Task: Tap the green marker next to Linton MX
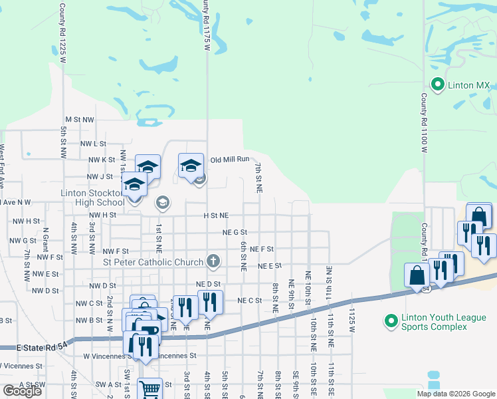coord(437,84)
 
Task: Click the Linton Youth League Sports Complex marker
coord(391,321)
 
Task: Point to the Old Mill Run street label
coord(229,160)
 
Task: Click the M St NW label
coord(80,119)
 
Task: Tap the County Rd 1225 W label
coord(62,33)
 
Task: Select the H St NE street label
coord(216,215)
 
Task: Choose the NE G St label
coord(235,232)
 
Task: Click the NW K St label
coord(102,160)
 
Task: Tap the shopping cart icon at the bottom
coord(150,389)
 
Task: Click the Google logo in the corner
coord(22,391)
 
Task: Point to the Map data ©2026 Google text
coord(456,394)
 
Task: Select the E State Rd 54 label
coord(33,348)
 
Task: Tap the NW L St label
coord(93,144)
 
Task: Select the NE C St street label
coord(250,301)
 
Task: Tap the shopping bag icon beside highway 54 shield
coord(416,275)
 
